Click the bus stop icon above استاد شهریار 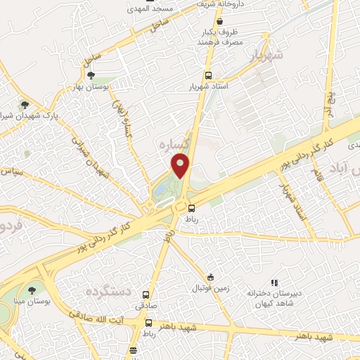[x=207, y=75]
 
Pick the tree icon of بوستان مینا [x=31, y=290]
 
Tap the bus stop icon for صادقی [x=146, y=295]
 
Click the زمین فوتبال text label [x=210, y=288]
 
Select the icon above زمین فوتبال [x=210, y=276]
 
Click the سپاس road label [x=12, y=170]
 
